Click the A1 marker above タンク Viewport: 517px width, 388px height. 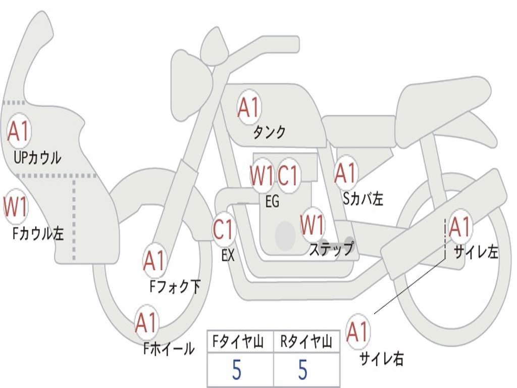[x=248, y=107]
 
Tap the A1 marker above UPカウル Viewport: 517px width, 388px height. [x=19, y=131]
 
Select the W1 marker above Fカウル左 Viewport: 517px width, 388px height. [x=16, y=207]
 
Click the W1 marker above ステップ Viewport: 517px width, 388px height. [x=313, y=225]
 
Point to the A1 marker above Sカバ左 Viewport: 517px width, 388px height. [x=346, y=173]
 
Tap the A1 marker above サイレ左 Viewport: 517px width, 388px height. [x=460, y=227]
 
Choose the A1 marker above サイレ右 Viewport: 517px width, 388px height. [x=358, y=332]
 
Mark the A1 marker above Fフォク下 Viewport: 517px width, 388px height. [x=154, y=261]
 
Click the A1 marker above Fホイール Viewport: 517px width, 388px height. [x=146, y=323]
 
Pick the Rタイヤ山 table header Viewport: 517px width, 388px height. [x=306, y=343]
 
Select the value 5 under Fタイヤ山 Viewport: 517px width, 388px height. [x=236, y=370]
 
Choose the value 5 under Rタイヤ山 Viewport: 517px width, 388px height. [x=302, y=370]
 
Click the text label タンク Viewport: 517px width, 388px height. [x=269, y=132]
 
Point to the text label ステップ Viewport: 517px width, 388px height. [x=331, y=249]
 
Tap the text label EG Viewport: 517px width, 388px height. [x=272, y=202]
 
